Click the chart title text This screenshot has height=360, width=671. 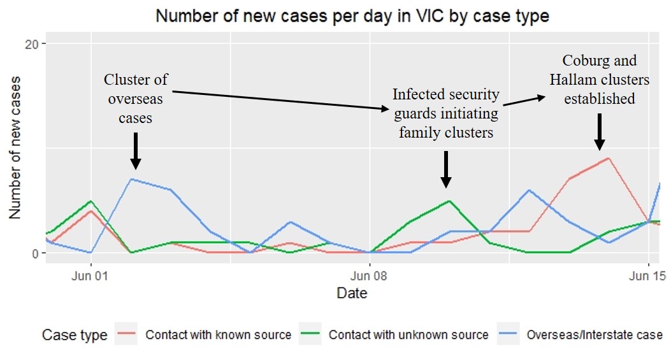click(x=352, y=16)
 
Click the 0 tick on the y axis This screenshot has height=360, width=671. click(x=37, y=253)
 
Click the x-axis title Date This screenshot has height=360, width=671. click(x=352, y=293)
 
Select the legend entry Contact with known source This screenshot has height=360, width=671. click(x=218, y=335)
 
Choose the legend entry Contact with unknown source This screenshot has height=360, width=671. click(x=408, y=335)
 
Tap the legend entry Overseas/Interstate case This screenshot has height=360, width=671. click(x=594, y=335)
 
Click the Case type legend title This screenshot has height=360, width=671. click(x=75, y=335)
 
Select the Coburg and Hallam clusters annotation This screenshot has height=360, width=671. click(x=598, y=80)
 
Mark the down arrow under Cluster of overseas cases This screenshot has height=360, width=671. click(x=135, y=151)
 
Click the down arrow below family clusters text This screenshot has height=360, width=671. click(x=446, y=169)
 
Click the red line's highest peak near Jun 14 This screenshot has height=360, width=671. click(x=609, y=158)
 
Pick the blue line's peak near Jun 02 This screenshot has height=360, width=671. click(x=131, y=179)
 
